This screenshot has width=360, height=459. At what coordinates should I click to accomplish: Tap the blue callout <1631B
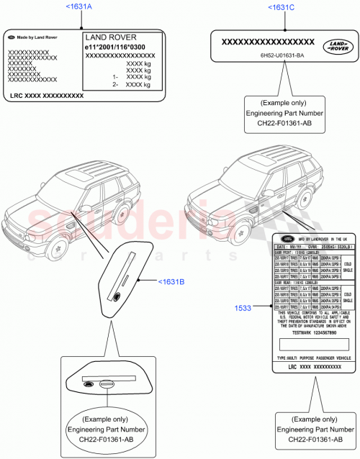pos(172,281)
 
